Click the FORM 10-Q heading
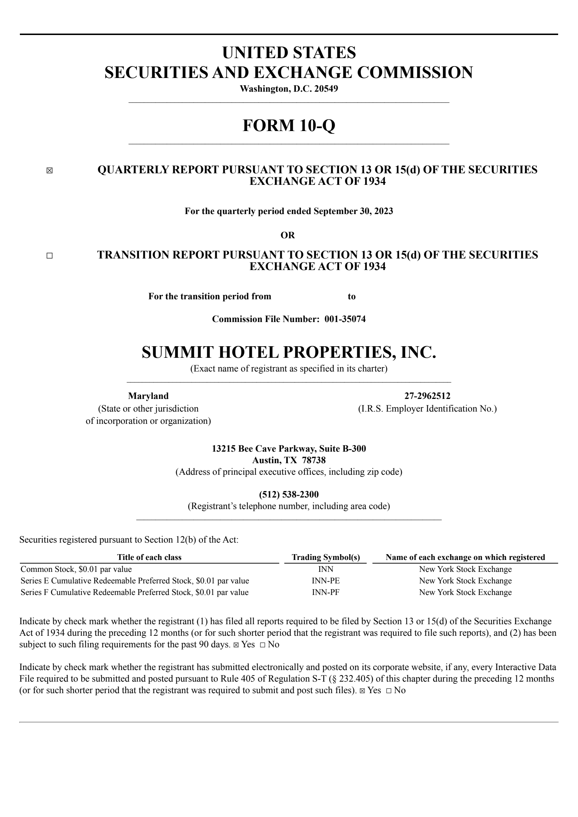pos(289,125)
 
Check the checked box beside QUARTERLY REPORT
pos(49,171)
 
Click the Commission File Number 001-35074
pos(345,319)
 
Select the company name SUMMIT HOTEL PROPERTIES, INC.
pos(289,352)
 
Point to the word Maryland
pos(148,396)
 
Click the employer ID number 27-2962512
pos(427,396)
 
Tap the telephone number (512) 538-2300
pos(289,494)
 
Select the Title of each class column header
pos(149,557)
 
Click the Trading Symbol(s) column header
pos(326,557)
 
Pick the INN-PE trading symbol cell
pos(326,581)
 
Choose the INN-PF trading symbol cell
pos(326,592)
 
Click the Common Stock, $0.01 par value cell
pos(76,569)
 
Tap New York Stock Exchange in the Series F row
pos(465,592)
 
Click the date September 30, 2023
pos(353,211)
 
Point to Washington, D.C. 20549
pos(289,89)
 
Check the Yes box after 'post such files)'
pos(362,691)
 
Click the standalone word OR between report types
pos(288,235)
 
